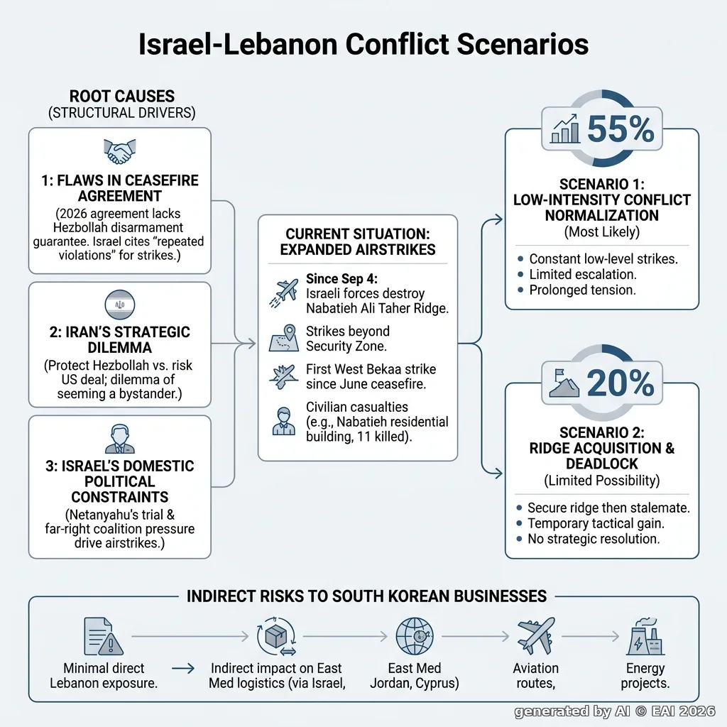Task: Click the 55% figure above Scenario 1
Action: coord(621,129)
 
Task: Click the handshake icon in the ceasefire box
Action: coord(119,152)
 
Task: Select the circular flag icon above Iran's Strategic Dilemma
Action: coord(119,305)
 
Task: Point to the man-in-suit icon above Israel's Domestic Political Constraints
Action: coord(119,439)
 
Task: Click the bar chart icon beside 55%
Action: coord(564,129)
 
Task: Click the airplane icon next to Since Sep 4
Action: coord(284,293)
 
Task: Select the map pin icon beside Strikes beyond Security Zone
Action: coord(284,338)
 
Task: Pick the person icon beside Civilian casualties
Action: coord(284,422)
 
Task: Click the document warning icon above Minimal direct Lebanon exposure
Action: coord(104,636)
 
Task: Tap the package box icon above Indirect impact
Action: coord(276,636)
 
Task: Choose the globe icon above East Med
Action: coord(415,636)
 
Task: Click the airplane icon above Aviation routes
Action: coord(536,635)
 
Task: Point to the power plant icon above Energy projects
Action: coord(645,636)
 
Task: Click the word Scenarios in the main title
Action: coord(523,45)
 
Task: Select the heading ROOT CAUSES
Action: coord(122,97)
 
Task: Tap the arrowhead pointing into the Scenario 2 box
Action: coord(498,474)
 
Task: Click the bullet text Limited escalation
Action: coord(583,275)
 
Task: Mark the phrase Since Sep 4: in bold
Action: coord(341,278)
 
